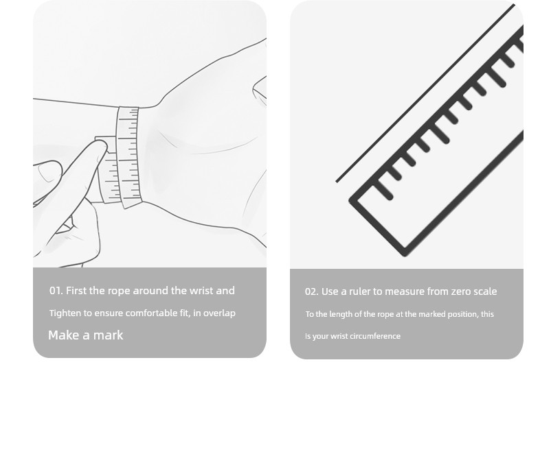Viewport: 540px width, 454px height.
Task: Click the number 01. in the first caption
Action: [56, 291]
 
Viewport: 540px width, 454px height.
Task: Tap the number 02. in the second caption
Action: [312, 291]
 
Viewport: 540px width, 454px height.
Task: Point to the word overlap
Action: [219, 313]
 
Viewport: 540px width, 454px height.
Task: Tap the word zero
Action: [460, 291]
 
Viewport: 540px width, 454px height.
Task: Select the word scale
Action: [485, 291]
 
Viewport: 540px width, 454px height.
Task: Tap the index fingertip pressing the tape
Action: [102, 146]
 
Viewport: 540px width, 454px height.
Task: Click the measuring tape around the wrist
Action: [128, 158]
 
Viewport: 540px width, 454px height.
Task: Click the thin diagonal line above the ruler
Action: [425, 93]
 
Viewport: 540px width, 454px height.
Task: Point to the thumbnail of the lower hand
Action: [46, 172]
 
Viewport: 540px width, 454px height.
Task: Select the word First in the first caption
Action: [76, 291]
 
